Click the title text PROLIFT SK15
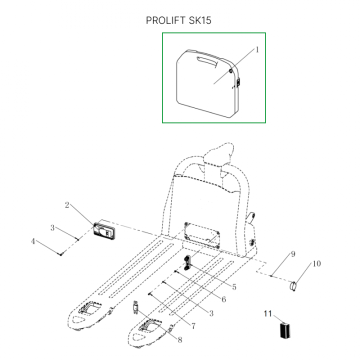click(178, 20)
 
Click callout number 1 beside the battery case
click(257, 49)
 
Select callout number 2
click(67, 205)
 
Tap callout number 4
click(33, 241)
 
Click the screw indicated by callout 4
click(61, 253)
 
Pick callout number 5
click(234, 287)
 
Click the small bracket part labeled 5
click(187, 262)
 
